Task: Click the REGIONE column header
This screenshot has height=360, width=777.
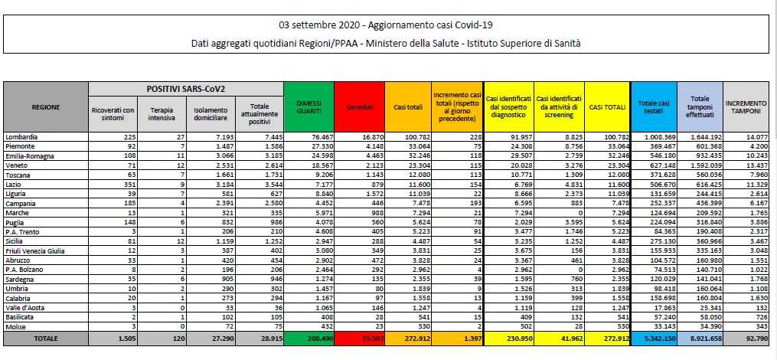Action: pos(46,106)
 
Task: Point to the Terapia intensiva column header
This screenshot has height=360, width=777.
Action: pos(160,115)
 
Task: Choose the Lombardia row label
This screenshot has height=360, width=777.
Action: pos(23,137)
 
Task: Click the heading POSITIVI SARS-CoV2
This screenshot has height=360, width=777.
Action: pos(186,90)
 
